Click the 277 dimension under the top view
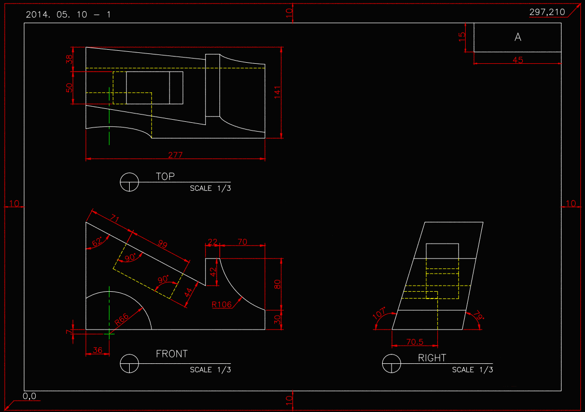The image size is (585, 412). click(175, 154)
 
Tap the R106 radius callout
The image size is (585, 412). click(221, 304)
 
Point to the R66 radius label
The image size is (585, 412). click(122, 320)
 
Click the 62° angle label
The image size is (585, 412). click(97, 242)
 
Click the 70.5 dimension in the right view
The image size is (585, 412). click(415, 342)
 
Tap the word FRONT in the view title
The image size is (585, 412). click(172, 354)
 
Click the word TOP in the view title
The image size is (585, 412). click(165, 177)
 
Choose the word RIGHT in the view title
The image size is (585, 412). click(432, 358)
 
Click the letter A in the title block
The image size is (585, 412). click(518, 37)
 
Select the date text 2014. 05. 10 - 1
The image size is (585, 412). click(68, 15)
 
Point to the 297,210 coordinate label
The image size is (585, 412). click(547, 12)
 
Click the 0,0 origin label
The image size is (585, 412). click(30, 396)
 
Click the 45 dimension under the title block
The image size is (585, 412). click(518, 60)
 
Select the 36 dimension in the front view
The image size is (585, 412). click(97, 350)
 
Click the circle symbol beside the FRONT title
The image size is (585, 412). click(129, 363)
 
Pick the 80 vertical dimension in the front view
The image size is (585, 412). click(277, 284)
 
